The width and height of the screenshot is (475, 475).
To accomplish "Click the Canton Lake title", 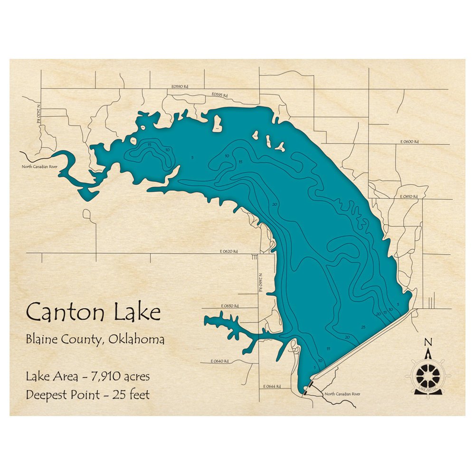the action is tap(93, 313).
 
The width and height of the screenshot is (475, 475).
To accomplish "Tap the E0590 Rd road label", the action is tap(180, 87).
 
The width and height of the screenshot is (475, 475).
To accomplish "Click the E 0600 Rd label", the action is tap(408, 142).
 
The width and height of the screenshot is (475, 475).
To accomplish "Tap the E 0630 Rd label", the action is tap(230, 306).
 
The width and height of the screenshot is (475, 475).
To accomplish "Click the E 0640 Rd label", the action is tap(220, 361).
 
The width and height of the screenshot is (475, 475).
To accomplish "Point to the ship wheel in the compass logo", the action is tap(428, 375).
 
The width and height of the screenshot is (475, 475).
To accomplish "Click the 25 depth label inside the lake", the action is tap(363, 327).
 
